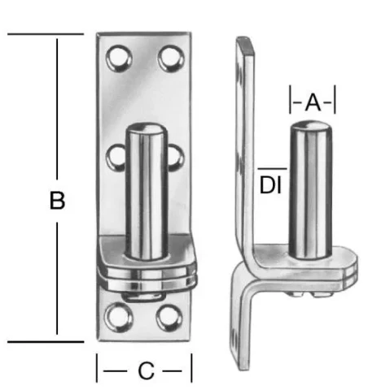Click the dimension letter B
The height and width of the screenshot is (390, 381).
[57, 201]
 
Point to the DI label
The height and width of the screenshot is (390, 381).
[270, 184]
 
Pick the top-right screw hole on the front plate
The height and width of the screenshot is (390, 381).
[170, 58]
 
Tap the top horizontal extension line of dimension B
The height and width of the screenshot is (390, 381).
[45, 34]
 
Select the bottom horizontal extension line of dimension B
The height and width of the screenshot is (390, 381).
[45, 342]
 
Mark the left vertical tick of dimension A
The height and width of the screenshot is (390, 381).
[291, 102]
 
